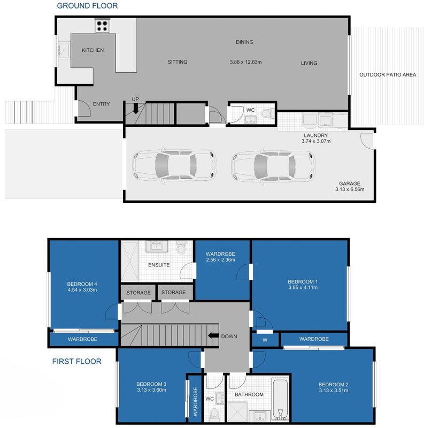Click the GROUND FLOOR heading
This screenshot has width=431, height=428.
coord(87,5)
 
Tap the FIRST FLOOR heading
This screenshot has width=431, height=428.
coord(76,361)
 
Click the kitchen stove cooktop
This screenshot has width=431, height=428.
coord(102,26)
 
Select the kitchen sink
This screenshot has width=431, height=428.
coord(64,50)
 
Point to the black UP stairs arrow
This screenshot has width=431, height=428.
coord(135,109)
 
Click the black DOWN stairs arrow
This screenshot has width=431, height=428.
coord(213,335)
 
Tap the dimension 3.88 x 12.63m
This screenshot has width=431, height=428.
coord(246,62)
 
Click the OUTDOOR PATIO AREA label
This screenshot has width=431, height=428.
coord(388,74)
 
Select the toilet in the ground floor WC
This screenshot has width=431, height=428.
coord(267,113)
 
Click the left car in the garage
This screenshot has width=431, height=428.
coord(174,165)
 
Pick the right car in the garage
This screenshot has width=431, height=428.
coord(273,166)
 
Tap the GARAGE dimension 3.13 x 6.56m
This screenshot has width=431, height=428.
coord(350,189)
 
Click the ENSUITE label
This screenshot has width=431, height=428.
coord(159,265)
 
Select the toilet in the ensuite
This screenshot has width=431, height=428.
coord(181,247)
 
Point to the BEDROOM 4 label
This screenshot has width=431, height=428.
coord(82,284)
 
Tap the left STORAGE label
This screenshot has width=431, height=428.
coord(138,293)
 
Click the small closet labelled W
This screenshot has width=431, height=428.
coord(265,339)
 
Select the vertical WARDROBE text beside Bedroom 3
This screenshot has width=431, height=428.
coord(195,401)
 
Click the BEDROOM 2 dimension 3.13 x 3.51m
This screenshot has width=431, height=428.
coord(334,391)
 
